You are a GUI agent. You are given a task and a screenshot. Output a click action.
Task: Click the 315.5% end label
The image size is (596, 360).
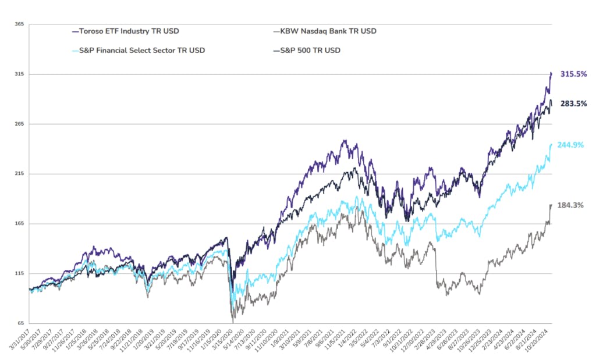pyautogui.click(x=573, y=74)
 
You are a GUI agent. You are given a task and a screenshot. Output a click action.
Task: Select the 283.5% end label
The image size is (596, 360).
pyautogui.click(x=573, y=104)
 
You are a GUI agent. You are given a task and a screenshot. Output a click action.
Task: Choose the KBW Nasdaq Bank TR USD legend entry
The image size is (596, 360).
pyautogui.click(x=324, y=31)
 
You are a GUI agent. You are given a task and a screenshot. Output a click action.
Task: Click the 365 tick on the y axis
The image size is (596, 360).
pyautogui.click(x=19, y=24)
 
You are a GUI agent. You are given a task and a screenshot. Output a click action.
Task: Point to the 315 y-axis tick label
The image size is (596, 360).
pyautogui.click(x=19, y=74)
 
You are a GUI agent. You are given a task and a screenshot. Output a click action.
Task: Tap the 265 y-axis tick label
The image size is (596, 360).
pyautogui.click(x=19, y=124)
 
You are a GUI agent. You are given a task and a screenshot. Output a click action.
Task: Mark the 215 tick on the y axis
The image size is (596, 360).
pyautogui.click(x=19, y=174)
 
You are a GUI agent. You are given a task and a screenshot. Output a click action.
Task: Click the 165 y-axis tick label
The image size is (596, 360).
pyautogui.click(x=19, y=224)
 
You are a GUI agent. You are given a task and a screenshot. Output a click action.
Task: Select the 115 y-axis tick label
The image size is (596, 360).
pyautogui.click(x=19, y=274)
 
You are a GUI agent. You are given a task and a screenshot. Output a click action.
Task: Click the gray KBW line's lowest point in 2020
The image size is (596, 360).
pyautogui.click(x=233, y=322)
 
